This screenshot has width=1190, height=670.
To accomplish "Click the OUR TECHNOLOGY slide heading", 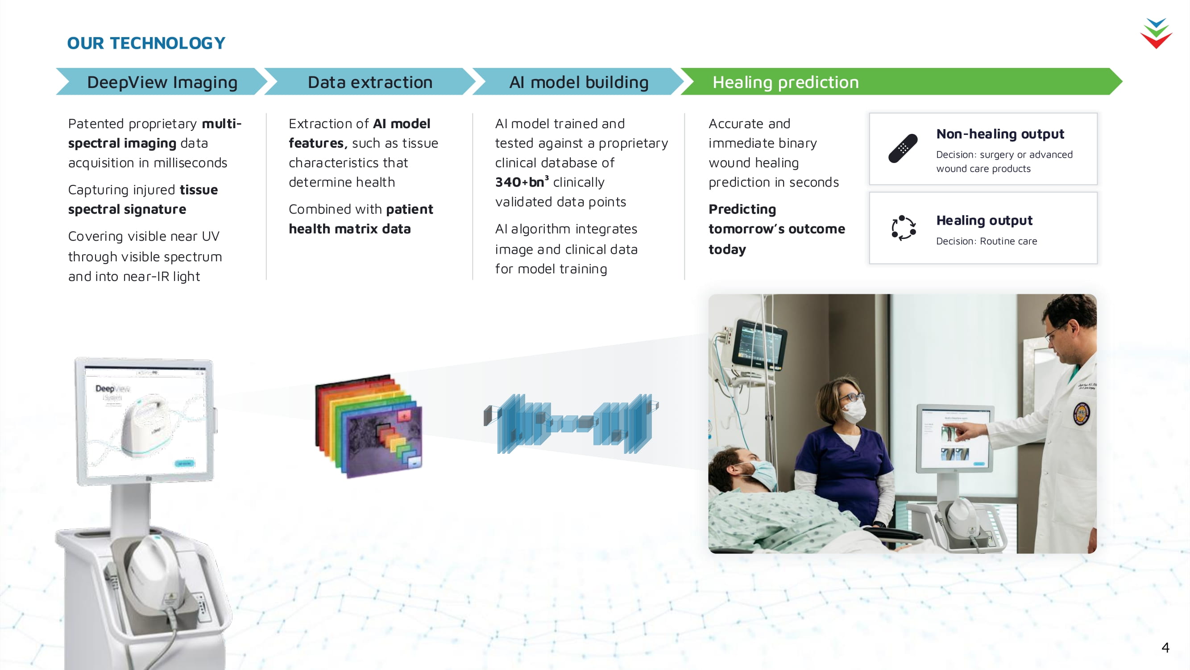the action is [x=146, y=43].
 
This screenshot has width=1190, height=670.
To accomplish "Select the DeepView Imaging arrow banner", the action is [x=162, y=82].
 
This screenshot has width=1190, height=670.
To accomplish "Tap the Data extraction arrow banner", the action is [x=369, y=82].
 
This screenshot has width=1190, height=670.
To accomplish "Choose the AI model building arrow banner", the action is [x=578, y=82].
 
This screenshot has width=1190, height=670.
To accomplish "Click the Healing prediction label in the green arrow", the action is [x=785, y=82].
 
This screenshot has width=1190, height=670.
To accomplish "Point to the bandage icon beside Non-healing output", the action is [x=903, y=148].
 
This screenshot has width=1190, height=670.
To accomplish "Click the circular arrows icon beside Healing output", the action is [x=903, y=228].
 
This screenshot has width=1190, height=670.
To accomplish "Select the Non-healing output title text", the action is [x=1000, y=134].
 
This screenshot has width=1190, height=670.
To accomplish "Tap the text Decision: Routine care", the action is [x=986, y=241].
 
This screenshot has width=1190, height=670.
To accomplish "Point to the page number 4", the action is [x=1165, y=647].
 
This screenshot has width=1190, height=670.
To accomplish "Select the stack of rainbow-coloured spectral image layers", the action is [x=369, y=426].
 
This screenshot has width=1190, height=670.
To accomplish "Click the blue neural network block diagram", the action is [x=571, y=423].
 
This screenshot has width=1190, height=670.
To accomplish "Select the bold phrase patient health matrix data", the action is [x=361, y=219].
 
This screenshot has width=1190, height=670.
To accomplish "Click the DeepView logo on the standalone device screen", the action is [x=113, y=389].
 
